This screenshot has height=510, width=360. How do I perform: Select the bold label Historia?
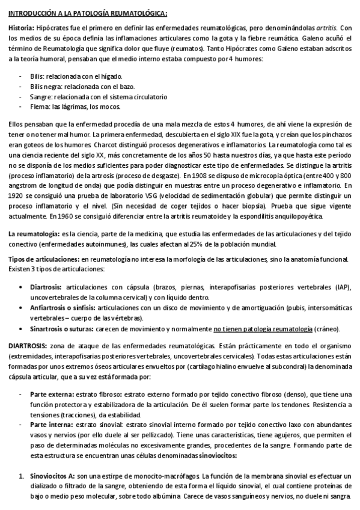click(22, 29)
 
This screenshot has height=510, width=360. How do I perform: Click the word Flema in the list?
click(39, 106)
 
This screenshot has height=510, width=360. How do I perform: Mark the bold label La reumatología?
click(34, 234)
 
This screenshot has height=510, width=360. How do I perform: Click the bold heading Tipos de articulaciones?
click(43, 258)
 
